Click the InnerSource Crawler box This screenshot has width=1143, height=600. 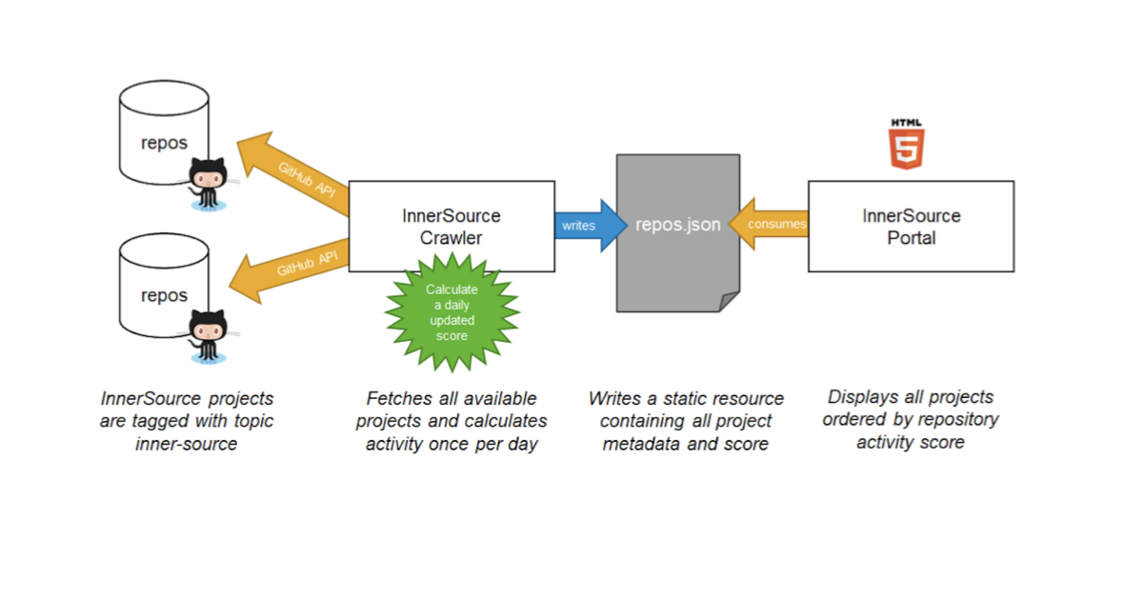451,227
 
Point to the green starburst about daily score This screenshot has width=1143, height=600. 451,312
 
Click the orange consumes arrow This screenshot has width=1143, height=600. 770,225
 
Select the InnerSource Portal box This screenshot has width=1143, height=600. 911,227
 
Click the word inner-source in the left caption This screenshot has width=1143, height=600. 186,444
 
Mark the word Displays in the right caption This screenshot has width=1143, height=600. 863,397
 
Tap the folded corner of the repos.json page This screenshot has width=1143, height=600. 729,302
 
